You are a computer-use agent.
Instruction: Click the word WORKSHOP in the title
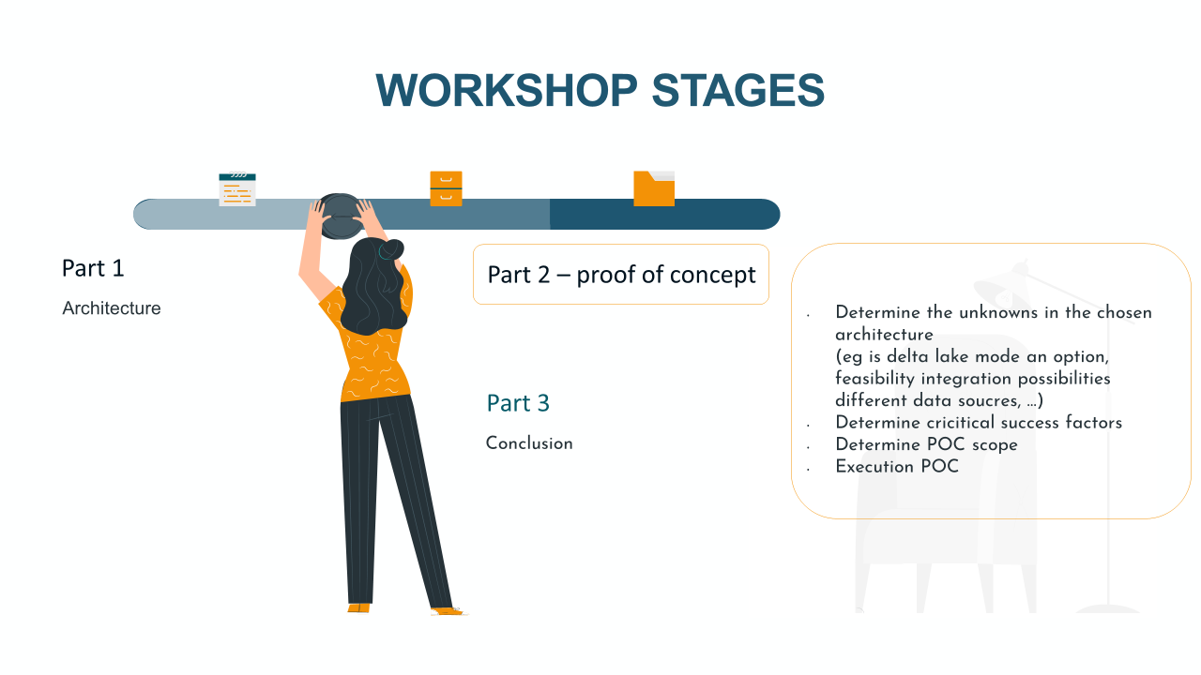click(507, 90)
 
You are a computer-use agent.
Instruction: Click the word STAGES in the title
click(738, 90)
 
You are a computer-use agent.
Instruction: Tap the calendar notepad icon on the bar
click(237, 189)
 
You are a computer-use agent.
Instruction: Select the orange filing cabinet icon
click(446, 188)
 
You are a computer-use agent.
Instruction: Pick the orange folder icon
click(654, 188)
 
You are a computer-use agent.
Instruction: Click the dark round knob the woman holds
click(340, 216)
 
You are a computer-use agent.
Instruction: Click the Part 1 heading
click(93, 268)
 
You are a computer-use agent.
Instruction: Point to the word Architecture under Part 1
click(112, 308)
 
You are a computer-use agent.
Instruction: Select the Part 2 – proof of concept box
click(621, 275)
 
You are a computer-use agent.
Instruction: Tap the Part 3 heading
click(518, 403)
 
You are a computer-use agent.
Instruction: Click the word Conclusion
click(529, 443)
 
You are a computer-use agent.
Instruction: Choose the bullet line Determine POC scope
click(926, 444)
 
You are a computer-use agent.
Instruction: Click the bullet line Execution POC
click(897, 467)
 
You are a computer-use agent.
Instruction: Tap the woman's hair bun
click(391, 249)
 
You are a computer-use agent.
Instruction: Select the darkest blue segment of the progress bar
click(665, 215)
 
